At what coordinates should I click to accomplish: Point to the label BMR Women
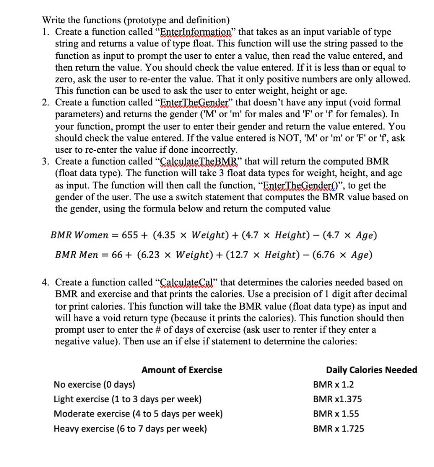[79, 235]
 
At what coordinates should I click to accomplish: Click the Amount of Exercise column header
[182, 370]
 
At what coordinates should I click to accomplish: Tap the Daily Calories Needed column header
[371, 370]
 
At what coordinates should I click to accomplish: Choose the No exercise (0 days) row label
[94, 384]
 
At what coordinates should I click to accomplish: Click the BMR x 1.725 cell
[338, 429]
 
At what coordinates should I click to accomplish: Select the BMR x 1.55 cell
[336, 414]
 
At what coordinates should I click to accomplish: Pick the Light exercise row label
[127, 400]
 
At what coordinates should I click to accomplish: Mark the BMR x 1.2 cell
[333, 384]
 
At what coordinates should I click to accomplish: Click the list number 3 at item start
[45, 161]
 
